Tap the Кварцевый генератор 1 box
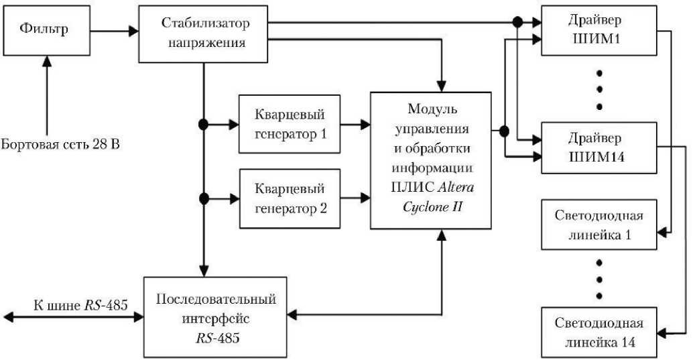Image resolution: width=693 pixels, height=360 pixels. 290,124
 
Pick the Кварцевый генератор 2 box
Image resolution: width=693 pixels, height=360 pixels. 290,198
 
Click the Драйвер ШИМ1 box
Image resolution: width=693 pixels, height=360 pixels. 598,32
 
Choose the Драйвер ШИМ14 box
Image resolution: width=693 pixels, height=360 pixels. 598,149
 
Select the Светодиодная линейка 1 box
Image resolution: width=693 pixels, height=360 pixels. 598,226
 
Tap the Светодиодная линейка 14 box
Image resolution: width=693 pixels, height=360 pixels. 598,333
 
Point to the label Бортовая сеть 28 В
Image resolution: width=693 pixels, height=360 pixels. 60,144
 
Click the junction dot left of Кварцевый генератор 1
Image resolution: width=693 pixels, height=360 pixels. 204,124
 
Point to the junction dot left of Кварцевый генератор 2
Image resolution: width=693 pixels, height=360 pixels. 204,198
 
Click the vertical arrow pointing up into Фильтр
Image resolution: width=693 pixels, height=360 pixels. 46,94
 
